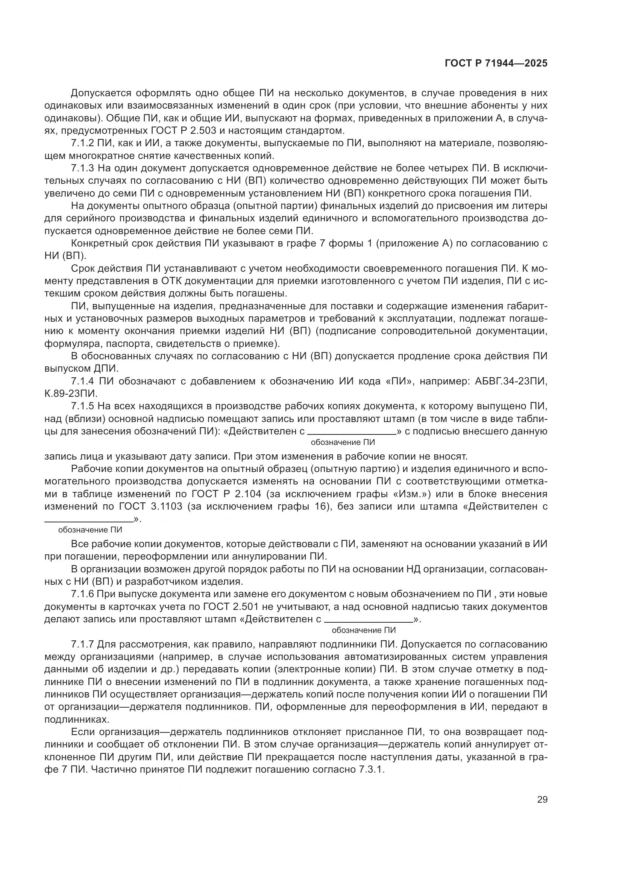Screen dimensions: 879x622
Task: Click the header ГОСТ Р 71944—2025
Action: tap(496, 64)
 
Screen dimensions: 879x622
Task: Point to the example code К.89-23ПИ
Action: tap(71, 393)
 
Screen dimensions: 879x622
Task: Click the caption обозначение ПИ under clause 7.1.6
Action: tap(364, 630)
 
